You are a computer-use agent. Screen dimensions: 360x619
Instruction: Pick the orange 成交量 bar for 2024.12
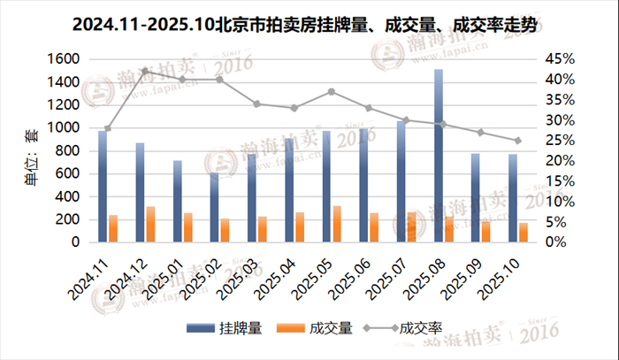(x=150, y=225)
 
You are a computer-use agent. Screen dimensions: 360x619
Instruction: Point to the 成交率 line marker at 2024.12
(x=145, y=71)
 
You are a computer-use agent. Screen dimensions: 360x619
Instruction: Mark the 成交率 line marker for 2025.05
(x=331, y=91)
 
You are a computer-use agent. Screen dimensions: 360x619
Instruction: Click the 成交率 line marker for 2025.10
(x=517, y=141)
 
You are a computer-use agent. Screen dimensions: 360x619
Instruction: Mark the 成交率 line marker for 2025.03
(x=256, y=103)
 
